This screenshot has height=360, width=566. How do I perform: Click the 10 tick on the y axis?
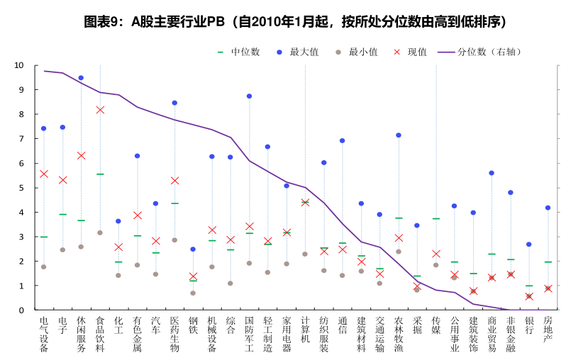19,65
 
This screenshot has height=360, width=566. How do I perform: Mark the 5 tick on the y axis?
21,188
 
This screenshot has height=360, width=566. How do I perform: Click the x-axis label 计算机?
305,330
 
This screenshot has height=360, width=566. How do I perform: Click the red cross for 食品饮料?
100,110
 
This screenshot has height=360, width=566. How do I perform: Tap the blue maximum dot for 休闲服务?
81,78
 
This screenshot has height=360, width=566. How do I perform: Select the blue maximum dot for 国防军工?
250,96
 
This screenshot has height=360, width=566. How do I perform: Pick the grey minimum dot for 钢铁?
193,293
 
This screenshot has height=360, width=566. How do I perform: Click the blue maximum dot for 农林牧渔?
399,135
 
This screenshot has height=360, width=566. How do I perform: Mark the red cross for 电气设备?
44,174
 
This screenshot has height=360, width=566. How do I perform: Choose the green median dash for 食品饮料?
100,174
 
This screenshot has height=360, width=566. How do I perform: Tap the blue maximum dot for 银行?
529,244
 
